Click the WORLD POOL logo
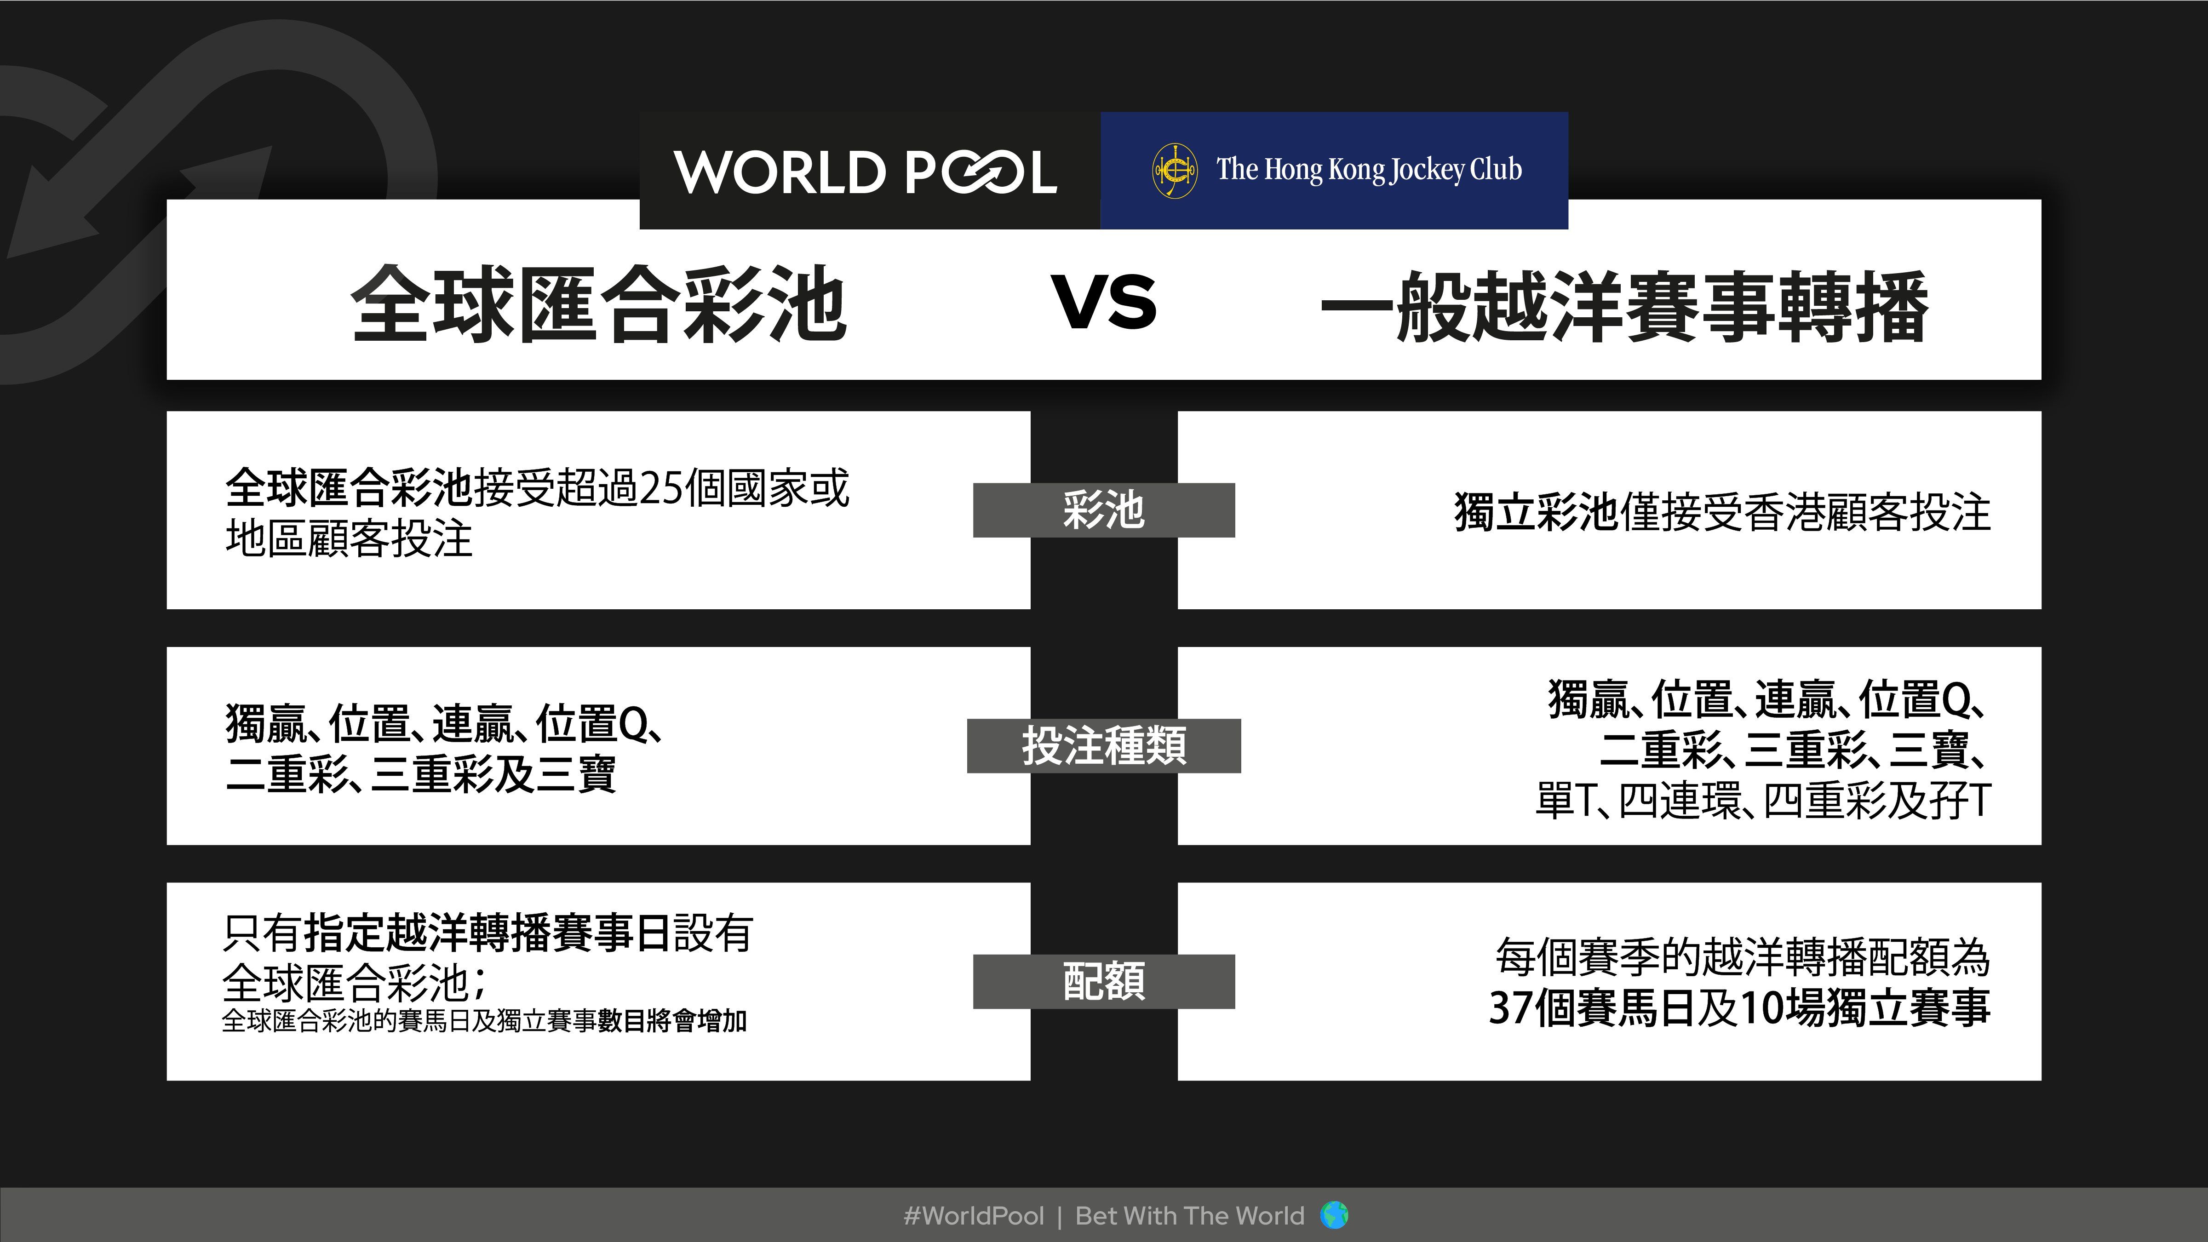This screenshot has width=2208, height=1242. click(x=865, y=172)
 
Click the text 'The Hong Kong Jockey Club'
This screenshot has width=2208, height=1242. click(x=1369, y=170)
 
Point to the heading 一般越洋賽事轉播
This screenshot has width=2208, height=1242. click(x=1624, y=306)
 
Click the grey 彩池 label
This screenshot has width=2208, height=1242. click(x=1104, y=510)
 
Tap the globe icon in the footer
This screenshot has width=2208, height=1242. click(x=1335, y=1214)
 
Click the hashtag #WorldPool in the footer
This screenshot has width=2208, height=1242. click(x=974, y=1215)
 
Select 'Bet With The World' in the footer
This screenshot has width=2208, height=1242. click(x=1190, y=1215)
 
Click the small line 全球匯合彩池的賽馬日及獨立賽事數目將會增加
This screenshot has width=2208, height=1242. click(x=484, y=1021)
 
